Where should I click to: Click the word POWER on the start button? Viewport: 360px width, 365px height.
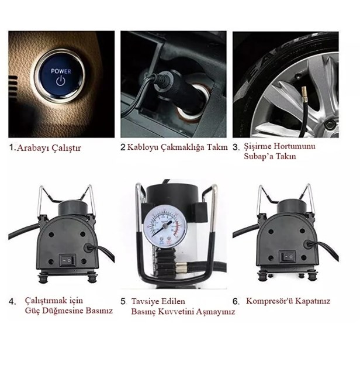coord(61,71)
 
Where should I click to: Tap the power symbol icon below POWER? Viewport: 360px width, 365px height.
coord(61,81)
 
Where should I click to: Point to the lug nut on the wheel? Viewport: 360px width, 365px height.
coord(328,126)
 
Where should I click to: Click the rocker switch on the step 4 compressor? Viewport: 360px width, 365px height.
coord(67,260)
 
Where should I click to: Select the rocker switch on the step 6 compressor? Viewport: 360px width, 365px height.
coord(287,257)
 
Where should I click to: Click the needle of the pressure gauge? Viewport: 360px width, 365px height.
coord(163,228)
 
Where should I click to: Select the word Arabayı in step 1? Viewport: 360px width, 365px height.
coord(33,148)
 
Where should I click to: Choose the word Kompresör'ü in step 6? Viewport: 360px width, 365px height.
coord(269,301)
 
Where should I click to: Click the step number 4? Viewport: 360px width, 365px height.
coord(12,301)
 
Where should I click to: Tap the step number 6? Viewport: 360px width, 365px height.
coord(236,301)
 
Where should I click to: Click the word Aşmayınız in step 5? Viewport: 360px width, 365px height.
coord(215,311)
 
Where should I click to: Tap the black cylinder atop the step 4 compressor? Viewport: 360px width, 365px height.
coord(73,208)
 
